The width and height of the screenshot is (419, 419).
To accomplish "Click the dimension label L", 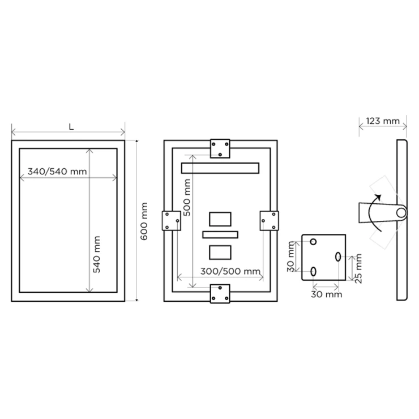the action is coord(71,127).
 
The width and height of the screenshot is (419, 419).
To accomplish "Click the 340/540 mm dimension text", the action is coord(57,172).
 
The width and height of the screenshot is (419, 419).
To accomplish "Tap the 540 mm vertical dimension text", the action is coord(96,254).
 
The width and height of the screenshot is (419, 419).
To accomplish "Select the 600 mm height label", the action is coord(144,221).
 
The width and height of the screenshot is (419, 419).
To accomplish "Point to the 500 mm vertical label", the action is coord(187,198).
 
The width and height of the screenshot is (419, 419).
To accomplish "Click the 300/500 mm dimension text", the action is coord(230,271).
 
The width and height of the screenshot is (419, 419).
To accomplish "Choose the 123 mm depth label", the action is coord(383,121).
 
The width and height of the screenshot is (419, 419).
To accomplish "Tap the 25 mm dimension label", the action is coord(358,268).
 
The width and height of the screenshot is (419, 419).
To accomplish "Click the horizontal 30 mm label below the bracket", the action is coord(327,294).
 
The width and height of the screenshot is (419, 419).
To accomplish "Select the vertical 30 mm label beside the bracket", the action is coord(290,256).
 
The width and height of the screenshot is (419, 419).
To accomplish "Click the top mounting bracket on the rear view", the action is coord(220,148).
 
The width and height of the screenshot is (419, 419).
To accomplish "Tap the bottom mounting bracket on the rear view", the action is coord(220,294).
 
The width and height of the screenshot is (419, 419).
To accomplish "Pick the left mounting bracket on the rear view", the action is coord(172,221).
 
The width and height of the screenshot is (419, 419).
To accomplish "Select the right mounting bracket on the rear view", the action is coord(269,221).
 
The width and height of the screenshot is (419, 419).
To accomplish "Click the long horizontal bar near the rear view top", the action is coord(220,168).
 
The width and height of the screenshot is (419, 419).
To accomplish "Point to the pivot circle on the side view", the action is coord(401,213).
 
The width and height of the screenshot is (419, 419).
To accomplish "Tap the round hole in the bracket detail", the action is coord(313,242).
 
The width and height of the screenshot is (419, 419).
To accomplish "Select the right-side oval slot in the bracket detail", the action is coord(338,257).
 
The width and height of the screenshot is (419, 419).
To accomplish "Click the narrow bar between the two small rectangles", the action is coord(220,234).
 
